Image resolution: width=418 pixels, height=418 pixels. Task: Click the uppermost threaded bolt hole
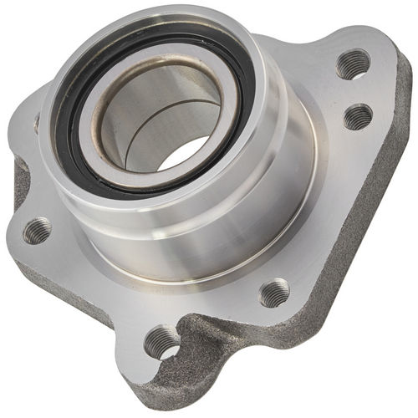click(353, 64)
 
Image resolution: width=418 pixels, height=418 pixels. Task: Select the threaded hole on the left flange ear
click(37, 230)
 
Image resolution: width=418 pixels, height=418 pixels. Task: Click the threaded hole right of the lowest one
click(273, 292)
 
